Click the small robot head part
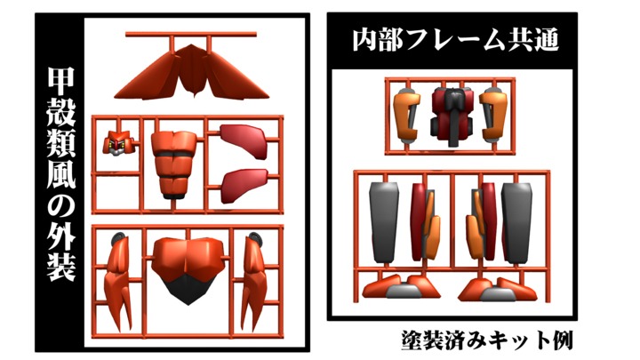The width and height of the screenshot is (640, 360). click(x=119, y=143)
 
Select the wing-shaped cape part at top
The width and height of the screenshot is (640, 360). click(x=191, y=73)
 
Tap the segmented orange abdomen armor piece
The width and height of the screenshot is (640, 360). click(x=173, y=164)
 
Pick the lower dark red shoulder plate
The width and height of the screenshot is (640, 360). click(x=244, y=185)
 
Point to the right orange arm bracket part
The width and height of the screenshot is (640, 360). click(x=493, y=116)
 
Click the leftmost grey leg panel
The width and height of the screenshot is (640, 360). click(x=384, y=222)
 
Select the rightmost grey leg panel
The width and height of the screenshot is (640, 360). click(x=516, y=222)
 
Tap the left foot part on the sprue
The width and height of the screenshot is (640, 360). click(x=401, y=286)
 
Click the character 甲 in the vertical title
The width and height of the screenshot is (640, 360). click(x=61, y=81)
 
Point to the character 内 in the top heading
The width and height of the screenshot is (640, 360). click(x=365, y=40)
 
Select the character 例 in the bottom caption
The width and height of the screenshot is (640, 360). click(x=560, y=340)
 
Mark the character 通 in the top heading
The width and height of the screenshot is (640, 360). click(x=545, y=40)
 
